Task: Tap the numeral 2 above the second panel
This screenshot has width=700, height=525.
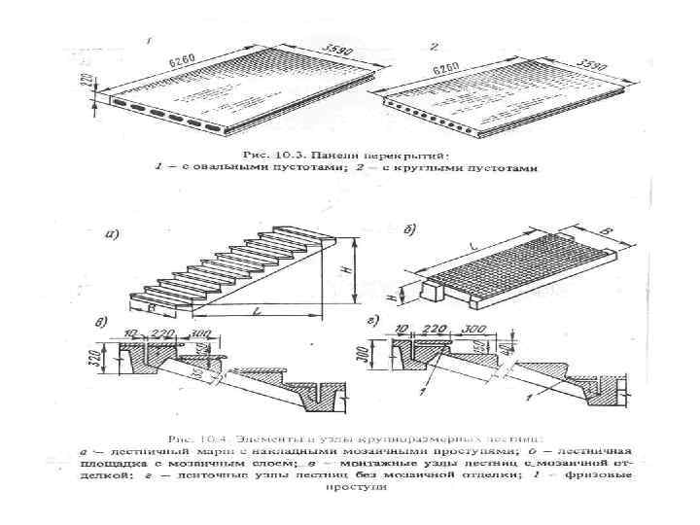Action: click(x=433, y=46)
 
